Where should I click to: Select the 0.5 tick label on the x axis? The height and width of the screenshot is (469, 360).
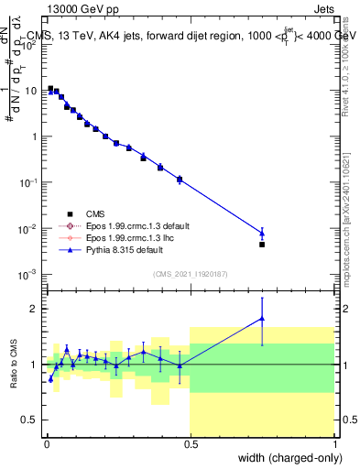(x=190, y=444)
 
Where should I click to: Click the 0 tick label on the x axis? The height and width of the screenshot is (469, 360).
(x=45, y=444)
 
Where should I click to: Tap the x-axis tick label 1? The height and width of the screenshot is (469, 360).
(x=334, y=444)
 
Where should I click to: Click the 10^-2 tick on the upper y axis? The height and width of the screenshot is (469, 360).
(x=30, y=228)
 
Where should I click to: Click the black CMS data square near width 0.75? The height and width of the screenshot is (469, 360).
(x=262, y=245)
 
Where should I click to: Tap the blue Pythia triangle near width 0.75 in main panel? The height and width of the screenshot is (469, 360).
(x=262, y=234)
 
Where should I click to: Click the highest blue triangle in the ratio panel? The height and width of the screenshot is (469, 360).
(x=262, y=319)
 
